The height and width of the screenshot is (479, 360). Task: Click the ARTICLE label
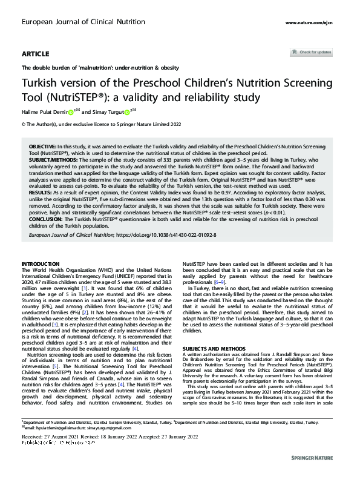point(36,54)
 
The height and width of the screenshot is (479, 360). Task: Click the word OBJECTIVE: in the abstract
point(42,148)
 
